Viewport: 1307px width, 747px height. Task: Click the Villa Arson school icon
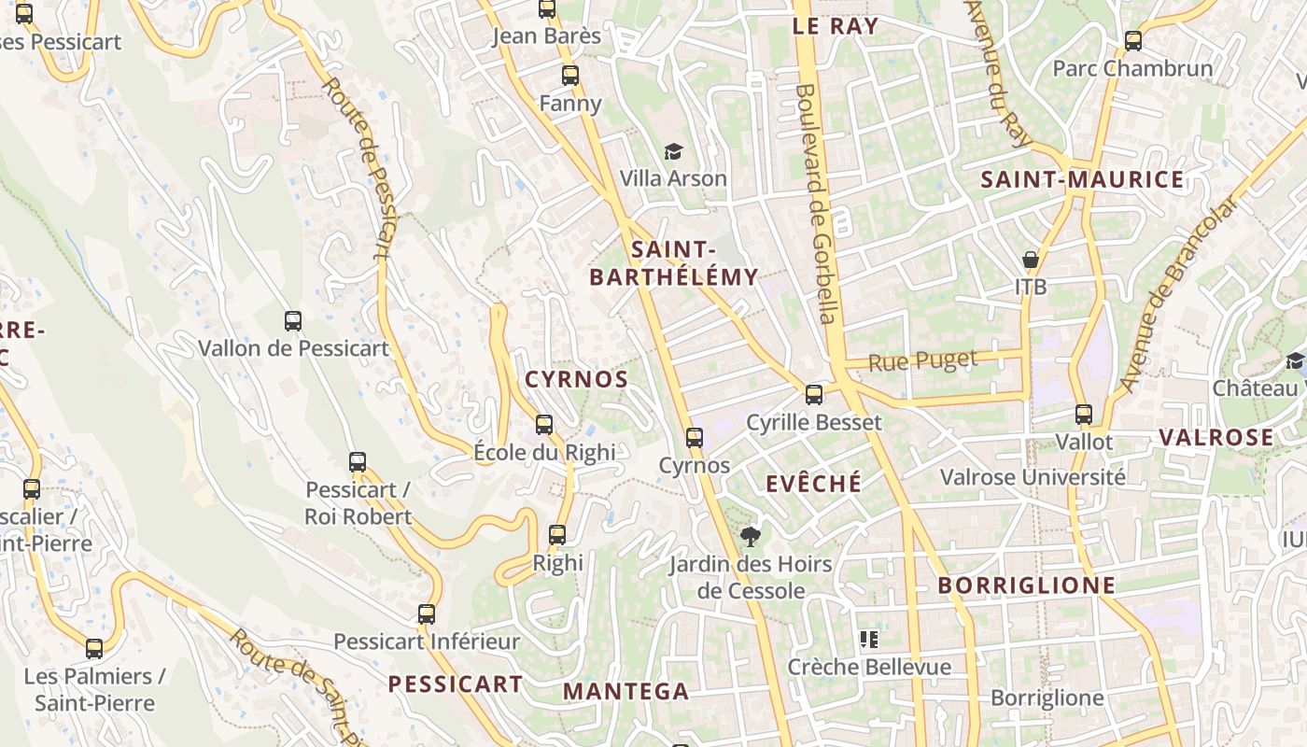[x=673, y=151]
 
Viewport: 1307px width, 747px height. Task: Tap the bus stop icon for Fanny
[x=569, y=76]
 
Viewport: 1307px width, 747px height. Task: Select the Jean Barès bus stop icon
[x=547, y=9]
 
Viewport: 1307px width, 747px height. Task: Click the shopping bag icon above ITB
[x=1031, y=259]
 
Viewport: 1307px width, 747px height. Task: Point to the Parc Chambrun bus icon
[x=1133, y=40]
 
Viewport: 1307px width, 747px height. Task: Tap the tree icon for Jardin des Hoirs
[x=749, y=536]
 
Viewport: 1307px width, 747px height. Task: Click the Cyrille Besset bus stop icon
[x=814, y=395]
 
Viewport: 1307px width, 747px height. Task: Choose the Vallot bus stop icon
[x=1084, y=414]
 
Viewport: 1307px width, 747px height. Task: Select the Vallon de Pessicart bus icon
[x=293, y=321]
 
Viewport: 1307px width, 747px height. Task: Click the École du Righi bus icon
[x=544, y=425]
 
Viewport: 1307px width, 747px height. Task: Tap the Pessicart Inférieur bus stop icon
[x=427, y=613]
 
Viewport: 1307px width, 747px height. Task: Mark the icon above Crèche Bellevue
[x=869, y=640]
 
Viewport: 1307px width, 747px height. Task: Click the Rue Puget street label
[x=922, y=360]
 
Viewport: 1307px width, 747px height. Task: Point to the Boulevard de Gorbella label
[x=816, y=204]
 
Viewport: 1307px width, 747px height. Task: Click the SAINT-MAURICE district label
[x=1082, y=180]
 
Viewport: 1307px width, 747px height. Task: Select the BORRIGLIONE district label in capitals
[x=1027, y=585]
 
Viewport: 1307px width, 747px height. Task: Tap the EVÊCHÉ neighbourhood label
[x=814, y=483]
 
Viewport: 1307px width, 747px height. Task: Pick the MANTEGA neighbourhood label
[x=625, y=692]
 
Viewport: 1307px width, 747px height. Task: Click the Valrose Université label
[x=1033, y=477]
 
